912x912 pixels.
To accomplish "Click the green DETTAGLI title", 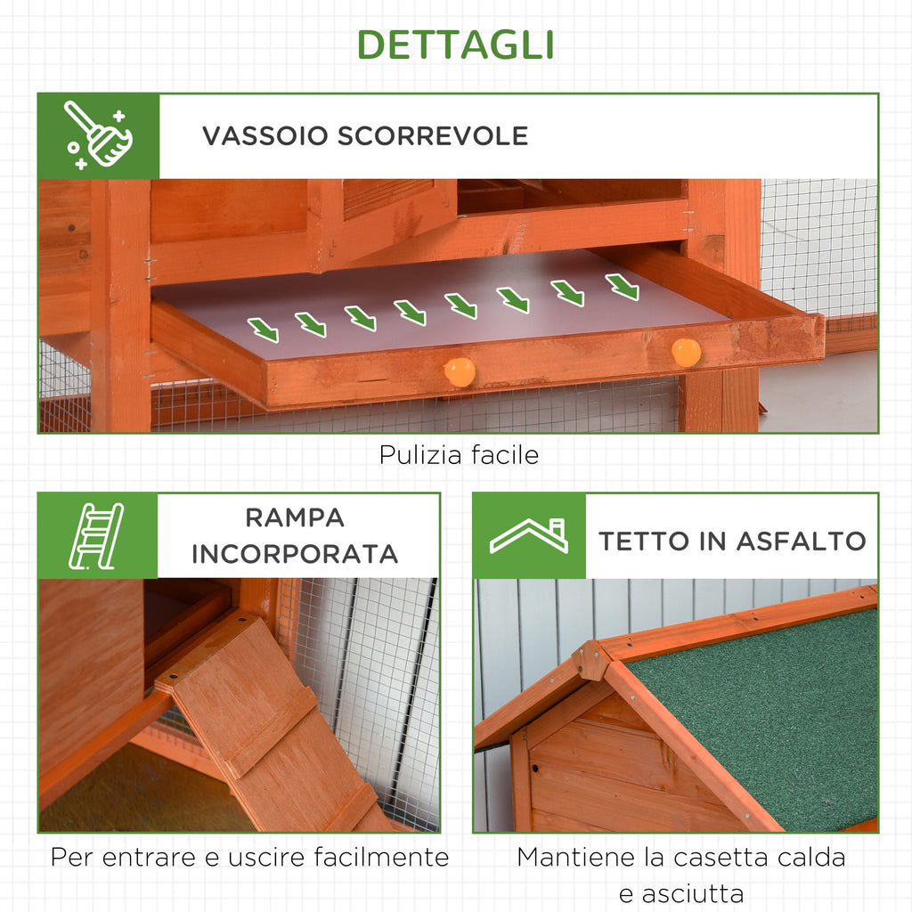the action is (455, 45).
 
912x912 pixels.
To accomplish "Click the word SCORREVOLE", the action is (433, 135).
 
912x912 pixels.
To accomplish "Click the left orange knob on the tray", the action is (460, 372).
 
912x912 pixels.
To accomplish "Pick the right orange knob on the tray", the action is (687, 353).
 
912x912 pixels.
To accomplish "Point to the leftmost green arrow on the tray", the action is (263, 330).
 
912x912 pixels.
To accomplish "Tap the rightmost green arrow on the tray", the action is (622, 287).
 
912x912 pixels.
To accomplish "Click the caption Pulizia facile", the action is (459, 455).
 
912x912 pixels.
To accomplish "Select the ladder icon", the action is (96, 535).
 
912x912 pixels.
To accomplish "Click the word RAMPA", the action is (295, 517).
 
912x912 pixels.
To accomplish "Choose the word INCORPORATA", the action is (295, 554).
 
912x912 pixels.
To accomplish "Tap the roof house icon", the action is (529, 536).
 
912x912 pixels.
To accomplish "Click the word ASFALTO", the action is (801, 541).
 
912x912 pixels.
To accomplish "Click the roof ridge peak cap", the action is (591, 661).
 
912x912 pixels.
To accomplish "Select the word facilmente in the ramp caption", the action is (381, 857).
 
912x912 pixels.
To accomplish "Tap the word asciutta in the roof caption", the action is (681, 893).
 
